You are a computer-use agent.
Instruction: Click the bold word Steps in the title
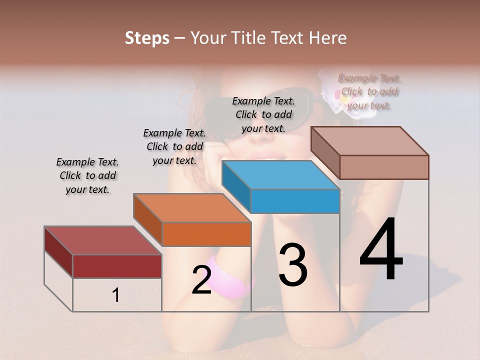pos(147,38)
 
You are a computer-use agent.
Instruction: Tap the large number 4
pos(381,249)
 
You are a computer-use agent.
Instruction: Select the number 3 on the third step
pos(292,265)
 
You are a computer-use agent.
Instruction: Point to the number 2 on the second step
pos(201,280)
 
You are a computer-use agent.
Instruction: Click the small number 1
pos(116,295)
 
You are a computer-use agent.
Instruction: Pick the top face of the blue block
pos(280,175)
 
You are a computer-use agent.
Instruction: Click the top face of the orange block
pos(192,208)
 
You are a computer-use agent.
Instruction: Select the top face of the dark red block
pos(103,240)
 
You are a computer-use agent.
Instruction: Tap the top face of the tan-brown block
pos(370,141)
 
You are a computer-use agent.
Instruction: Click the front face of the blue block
pos(295,201)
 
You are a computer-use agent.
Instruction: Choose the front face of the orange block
pos(206,234)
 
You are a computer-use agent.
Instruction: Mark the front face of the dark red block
pos(117,266)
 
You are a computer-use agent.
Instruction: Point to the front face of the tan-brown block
pos(384,167)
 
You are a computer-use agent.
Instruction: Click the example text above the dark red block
pos(87,175)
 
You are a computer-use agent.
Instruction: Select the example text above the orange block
pos(174,146)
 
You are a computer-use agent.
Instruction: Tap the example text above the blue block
pos(263,114)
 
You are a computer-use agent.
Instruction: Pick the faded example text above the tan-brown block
pos(369,91)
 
